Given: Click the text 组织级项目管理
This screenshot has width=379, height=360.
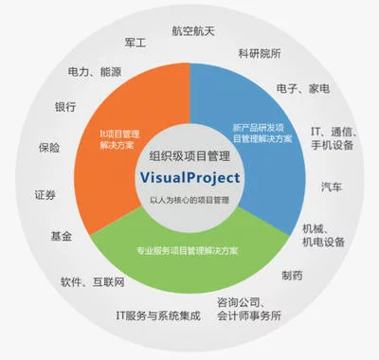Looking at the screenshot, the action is pyautogui.click(x=193, y=155).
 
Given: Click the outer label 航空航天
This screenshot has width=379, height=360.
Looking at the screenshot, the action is pyautogui.click(x=192, y=30).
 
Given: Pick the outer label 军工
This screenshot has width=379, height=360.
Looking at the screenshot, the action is pyautogui.click(x=135, y=44).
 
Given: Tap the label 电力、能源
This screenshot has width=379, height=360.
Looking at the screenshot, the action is pyautogui.click(x=95, y=71).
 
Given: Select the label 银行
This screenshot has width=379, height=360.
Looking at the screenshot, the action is pyautogui.click(x=65, y=106).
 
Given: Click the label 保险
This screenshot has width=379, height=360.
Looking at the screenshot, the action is pyautogui.click(x=48, y=149).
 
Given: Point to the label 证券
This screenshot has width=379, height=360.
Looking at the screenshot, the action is pyautogui.click(x=45, y=194).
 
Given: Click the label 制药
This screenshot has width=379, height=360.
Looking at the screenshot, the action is pyautogui.click(x=293, y=275).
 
